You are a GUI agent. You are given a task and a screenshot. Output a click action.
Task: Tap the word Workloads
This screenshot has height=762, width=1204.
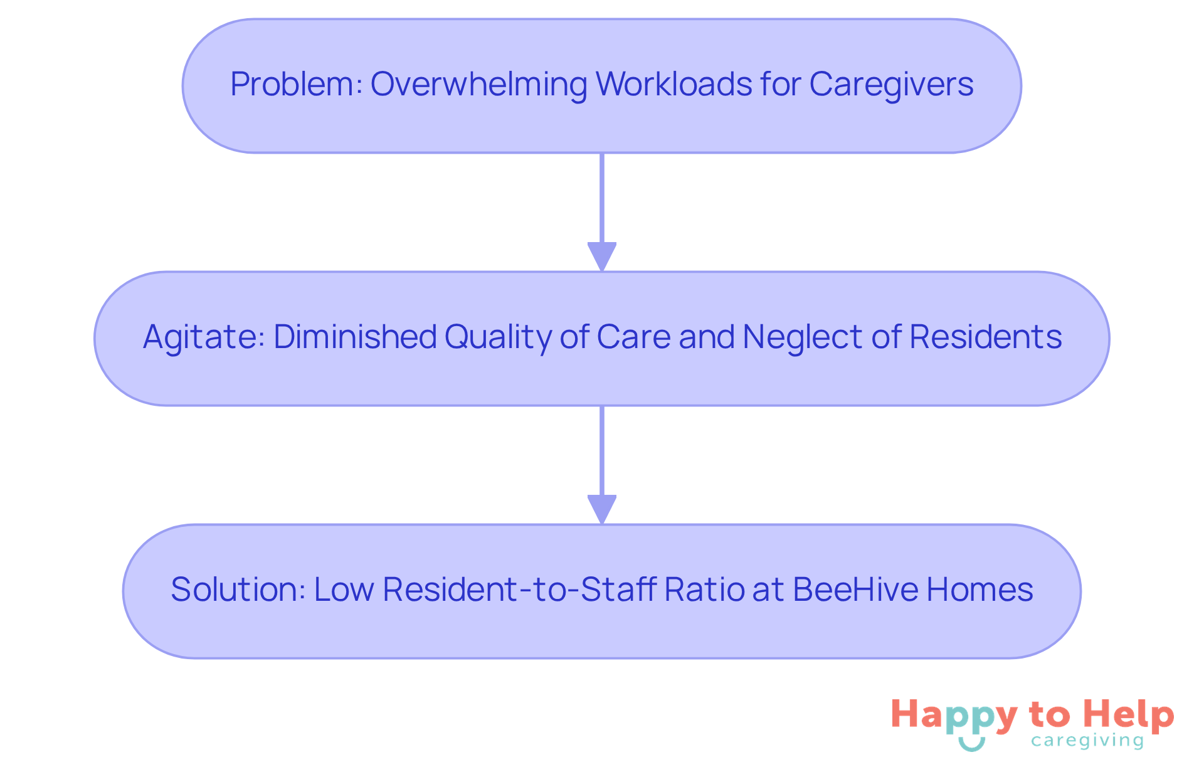click(x=673, y=84)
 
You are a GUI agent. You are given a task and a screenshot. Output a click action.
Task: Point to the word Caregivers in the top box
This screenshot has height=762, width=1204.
click(x=891, y=84)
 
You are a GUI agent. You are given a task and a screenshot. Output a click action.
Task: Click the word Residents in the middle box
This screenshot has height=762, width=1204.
click(x=985, y=337)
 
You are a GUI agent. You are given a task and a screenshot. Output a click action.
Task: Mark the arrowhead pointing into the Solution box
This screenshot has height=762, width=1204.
click(x=602, y=509)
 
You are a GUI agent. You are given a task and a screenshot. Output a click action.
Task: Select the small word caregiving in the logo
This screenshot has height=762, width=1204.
click(x=1087, y=741)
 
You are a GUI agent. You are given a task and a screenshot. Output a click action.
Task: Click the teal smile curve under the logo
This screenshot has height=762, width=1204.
click(x=972, y=744)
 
